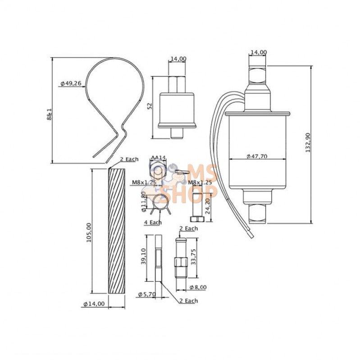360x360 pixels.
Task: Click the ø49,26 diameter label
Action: pyautogui.click(x=71, y=83)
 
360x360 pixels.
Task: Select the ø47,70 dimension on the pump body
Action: pyautogui.click(x=257, y=156)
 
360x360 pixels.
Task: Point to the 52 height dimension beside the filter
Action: pyautogui.click(x=150, y=106)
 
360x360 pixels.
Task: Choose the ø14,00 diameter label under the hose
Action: pyautogui.click(x=94, y=304)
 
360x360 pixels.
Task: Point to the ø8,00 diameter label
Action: pyautogui.click(x=198, y=287)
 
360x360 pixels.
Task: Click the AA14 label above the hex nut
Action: pyautogui.click(x=159, y=157)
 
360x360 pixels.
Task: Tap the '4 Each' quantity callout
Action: pyautogui.click(x=152, y=223)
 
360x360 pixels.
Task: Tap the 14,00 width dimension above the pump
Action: pyautogui.click(x=258, y=52)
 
